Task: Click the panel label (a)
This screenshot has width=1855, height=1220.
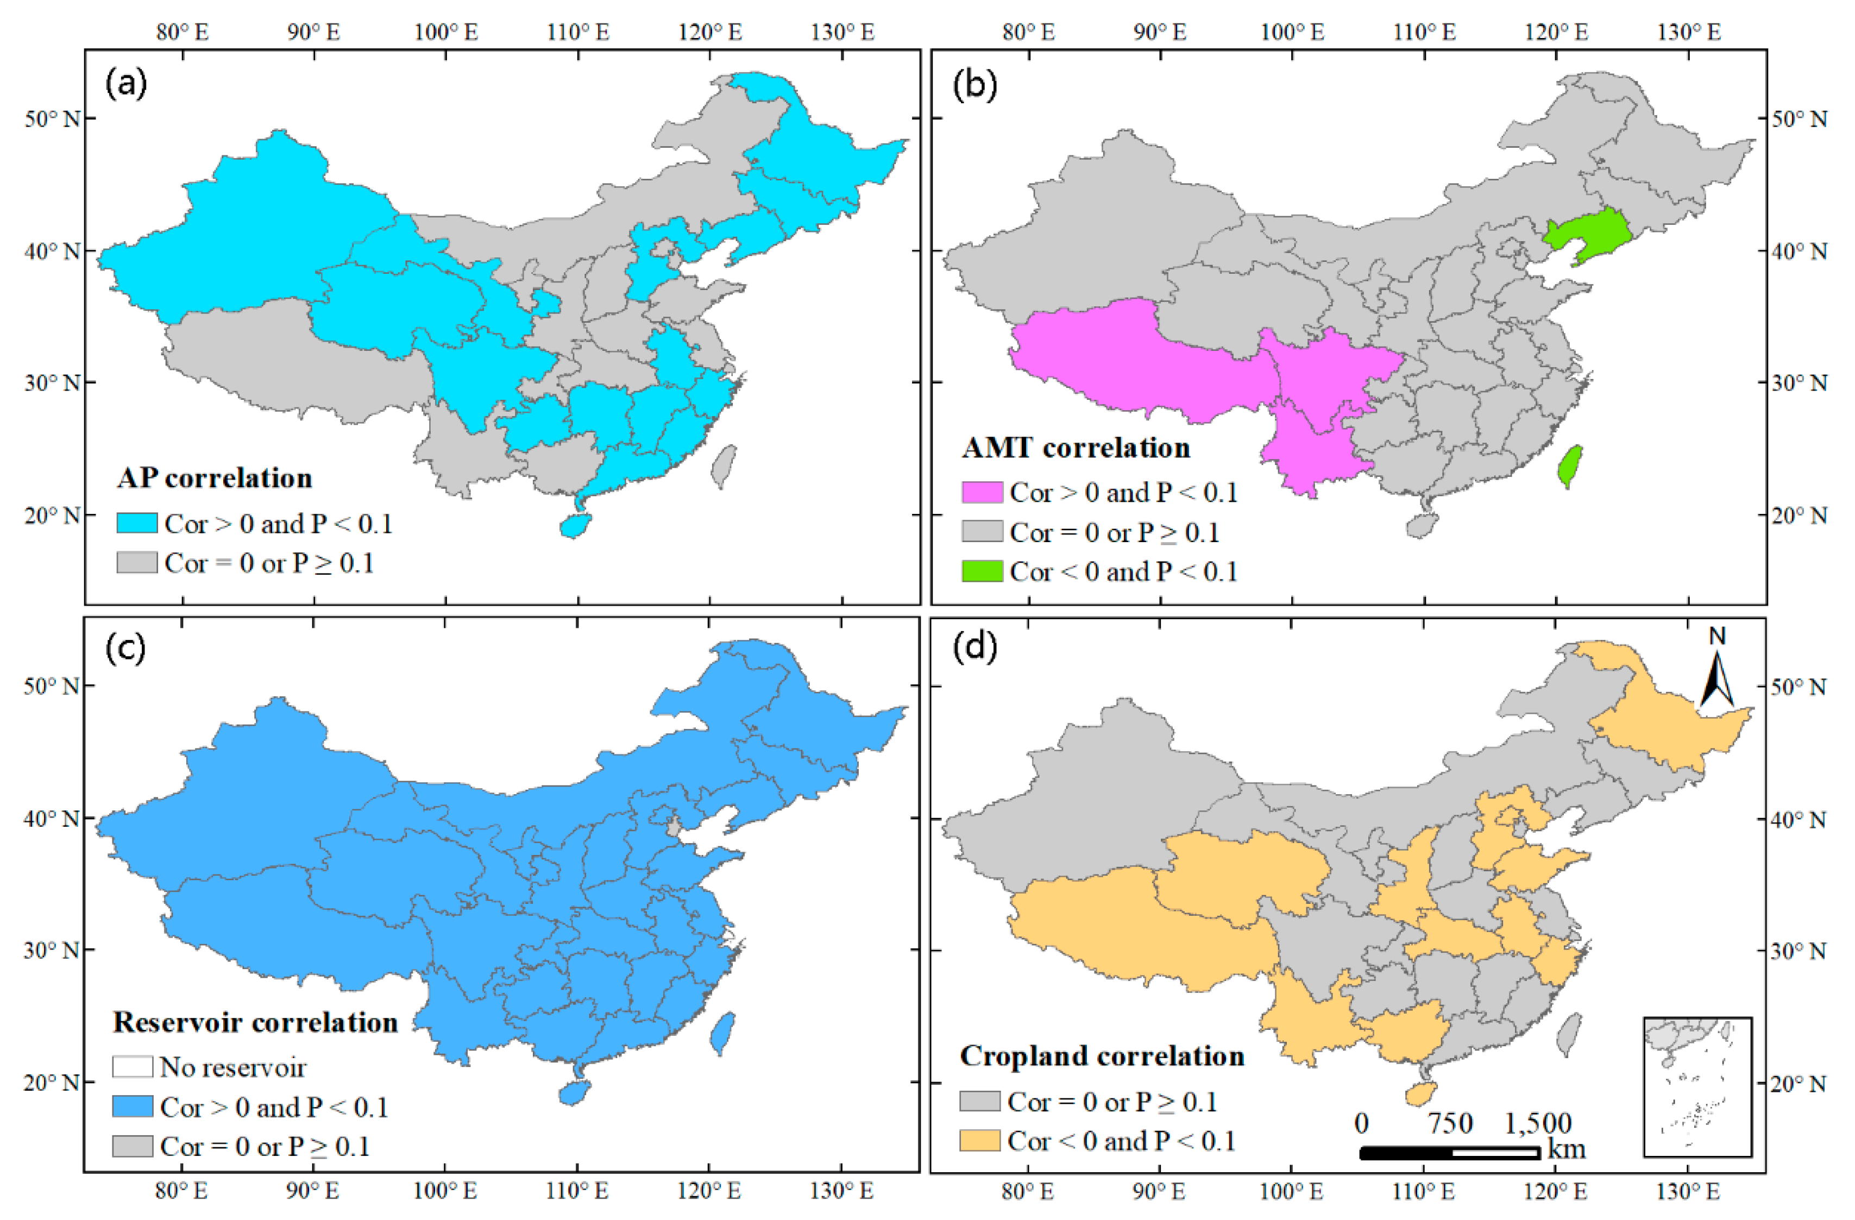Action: click(x=126, y=83)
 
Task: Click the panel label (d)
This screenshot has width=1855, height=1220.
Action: click(x=974, y=647)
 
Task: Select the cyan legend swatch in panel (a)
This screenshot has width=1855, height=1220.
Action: click(x=137, y=523)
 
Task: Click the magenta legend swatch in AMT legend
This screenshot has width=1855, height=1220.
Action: click(x=982, y=492)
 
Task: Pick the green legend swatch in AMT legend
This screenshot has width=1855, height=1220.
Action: click(x=982, y=571)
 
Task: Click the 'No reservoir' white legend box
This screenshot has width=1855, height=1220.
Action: click(x=133, y=1066)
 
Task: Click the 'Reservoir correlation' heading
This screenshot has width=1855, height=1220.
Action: click(x=255, y=1022)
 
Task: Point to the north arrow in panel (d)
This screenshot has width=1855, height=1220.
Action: click(x=1716, y=678)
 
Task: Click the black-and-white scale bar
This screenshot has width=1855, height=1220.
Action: click(x=1450, y=1152)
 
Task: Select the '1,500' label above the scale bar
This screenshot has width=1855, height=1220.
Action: click(x=1538, y=1123)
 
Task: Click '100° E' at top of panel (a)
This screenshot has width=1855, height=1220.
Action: click(x=446, y=32)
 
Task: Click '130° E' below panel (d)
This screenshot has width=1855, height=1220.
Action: click(x=1688, y=1191)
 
